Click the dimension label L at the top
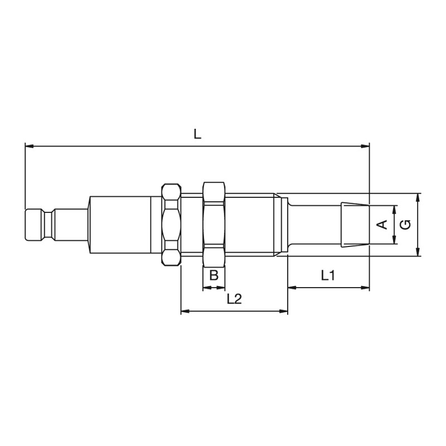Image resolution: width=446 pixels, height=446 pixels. [197, 134]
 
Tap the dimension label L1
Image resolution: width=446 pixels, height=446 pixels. [328, 275]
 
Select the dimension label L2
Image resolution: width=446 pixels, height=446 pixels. [234, 299]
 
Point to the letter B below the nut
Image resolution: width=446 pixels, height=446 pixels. [214, 275]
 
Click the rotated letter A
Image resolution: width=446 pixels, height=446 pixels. [382, 225]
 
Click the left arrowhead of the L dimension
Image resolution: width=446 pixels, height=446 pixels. [30, 146]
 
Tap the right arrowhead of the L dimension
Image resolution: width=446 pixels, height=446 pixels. [365, 146]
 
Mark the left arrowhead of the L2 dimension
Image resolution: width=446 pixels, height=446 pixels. [186, 311]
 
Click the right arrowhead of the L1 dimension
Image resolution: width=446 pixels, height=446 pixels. [365, 288]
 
